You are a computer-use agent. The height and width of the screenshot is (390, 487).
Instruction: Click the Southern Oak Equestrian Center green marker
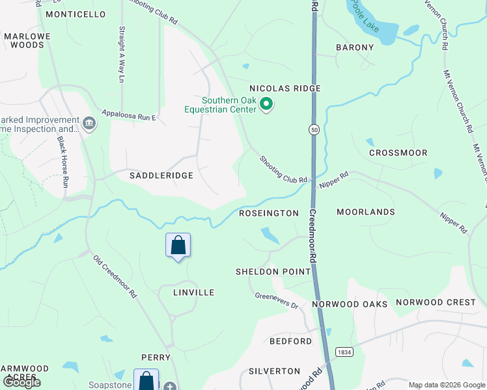pos(266,104)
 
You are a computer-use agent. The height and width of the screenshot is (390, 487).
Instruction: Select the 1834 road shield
pos(344,352)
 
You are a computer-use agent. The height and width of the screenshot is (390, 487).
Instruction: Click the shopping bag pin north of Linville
pos(178,246)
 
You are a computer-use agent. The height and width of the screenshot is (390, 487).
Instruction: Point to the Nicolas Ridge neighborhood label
pos(285,88)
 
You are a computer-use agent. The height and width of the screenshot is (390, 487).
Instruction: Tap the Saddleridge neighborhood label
pos(161,175)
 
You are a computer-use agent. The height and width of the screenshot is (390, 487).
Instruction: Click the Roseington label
pos(269,213)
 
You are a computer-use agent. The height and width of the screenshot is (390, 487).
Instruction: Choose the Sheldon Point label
pos(273,272)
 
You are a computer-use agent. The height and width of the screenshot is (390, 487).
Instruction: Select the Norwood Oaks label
pos(350,304)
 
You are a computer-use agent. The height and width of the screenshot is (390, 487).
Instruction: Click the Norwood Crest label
pos(436,302)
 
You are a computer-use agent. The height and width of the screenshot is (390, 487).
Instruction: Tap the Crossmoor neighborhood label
pos(398,153)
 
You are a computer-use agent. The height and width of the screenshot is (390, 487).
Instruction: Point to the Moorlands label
pos(366,212)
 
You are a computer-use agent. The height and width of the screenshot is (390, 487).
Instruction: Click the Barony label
pos(355,47)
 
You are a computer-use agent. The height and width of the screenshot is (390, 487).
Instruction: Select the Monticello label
pos(76,14)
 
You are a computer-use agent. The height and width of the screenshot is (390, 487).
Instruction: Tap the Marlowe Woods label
pos(23,41)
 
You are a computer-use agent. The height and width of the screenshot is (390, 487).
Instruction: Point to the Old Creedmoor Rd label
pos(115,277)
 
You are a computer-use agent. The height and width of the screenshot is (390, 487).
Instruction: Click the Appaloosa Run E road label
pos(128,114)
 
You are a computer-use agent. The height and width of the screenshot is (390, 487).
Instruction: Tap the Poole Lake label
pos(365,14)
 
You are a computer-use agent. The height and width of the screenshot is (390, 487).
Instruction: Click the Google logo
pos(21,382)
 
